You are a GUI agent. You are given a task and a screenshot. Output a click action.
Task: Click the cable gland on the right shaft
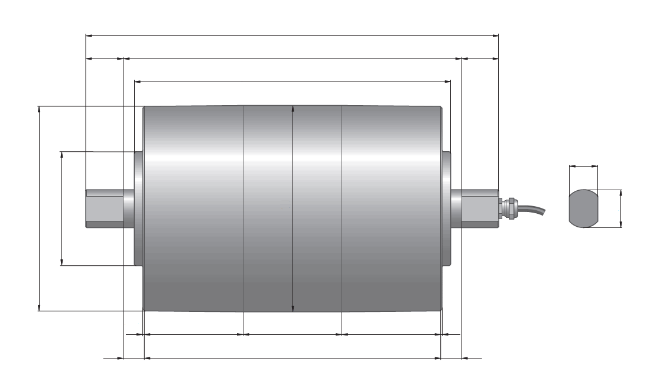point(509,208)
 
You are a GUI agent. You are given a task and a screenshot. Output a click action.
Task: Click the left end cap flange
point(139,208)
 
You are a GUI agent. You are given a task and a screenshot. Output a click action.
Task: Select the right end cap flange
point(447,208)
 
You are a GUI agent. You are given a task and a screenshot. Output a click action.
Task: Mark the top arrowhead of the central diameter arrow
point(293,108)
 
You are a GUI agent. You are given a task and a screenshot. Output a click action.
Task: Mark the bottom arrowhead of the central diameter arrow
point(293,308)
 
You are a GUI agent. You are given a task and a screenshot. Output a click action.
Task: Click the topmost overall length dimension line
point(292,36)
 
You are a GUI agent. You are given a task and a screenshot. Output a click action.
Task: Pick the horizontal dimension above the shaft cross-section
point(584,167)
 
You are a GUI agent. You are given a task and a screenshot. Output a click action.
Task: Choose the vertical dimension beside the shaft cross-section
point(620,208)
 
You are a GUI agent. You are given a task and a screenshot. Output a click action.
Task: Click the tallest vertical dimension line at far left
point(39,208)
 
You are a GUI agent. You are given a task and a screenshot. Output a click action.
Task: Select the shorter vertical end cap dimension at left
point(61,208)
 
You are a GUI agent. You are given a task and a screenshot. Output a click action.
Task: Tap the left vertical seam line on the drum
point(243,208)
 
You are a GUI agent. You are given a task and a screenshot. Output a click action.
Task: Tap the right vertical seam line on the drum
point(342,208)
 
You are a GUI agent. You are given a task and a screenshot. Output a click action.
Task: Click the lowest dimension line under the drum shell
point(292,358)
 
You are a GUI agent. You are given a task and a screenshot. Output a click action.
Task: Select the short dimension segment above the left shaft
point(105,58)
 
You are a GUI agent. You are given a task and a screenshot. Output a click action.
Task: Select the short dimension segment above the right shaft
point(479,58)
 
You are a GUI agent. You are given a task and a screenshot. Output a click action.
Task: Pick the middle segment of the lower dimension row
point(292,334)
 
